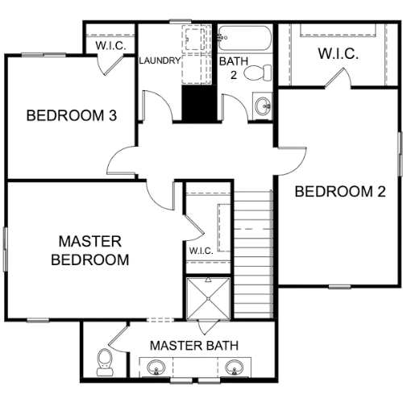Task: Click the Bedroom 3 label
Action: [x=72, y=115]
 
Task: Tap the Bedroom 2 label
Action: [x=340, y=192]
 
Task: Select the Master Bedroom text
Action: [x=90, y=251]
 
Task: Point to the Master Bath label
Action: [x=194, y=346]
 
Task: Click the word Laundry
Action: [x=160, y=60]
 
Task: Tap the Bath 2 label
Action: [x=234, y=69]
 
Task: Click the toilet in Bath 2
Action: [x=258, y=73]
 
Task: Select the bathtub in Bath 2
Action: [x=244, y=38]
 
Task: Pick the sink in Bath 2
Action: [x=263, y=106]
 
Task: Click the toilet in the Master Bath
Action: [x=105, y=362]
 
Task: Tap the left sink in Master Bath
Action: [x=156, y=367]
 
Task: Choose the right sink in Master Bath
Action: [x=235, y=367]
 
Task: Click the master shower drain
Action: [x=209, y=298]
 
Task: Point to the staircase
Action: [x=253, y=254]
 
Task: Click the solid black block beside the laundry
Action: [x=199, y=104]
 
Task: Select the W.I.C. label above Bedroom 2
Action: [x=339, y=53]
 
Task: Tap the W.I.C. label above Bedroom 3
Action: [x=110, y=45]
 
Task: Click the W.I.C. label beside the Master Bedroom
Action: [x=201, y=251]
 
